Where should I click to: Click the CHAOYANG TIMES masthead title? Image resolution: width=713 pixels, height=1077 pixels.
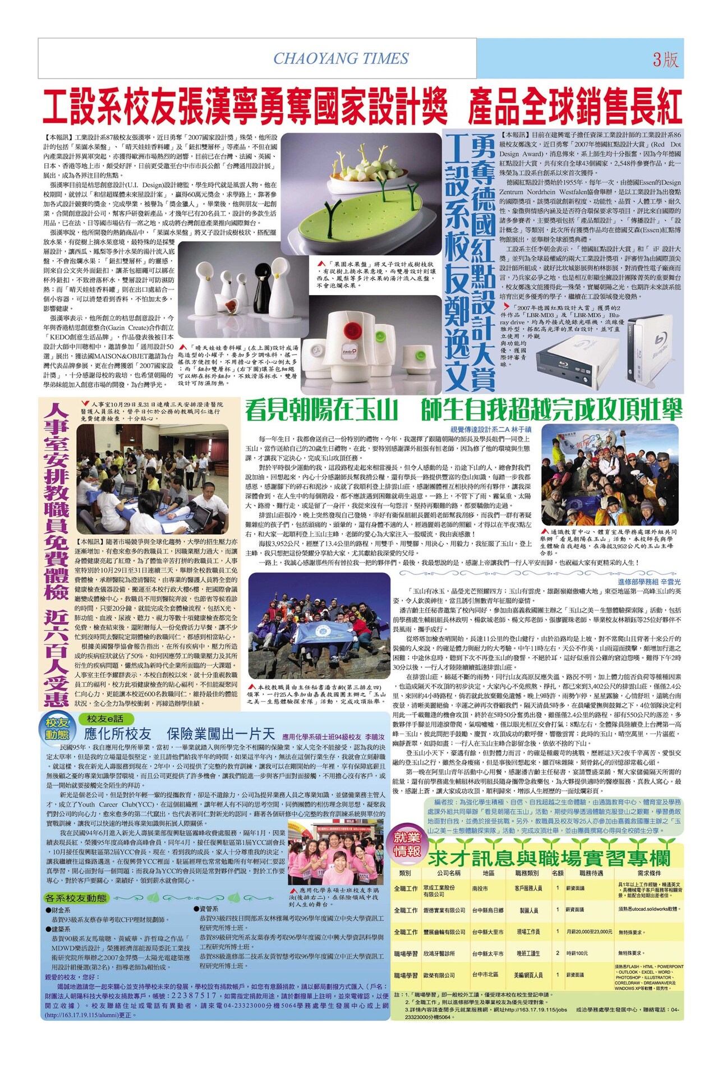[x=341, y=58]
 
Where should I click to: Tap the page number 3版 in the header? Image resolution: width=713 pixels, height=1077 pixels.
[x=665, y=59]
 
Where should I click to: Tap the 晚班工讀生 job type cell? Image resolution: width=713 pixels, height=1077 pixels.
[x=527, y=953]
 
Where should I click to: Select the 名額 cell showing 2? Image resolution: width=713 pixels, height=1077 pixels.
[x=557, y=953]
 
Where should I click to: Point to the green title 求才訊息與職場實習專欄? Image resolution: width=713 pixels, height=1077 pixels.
[x=549, y=858]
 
